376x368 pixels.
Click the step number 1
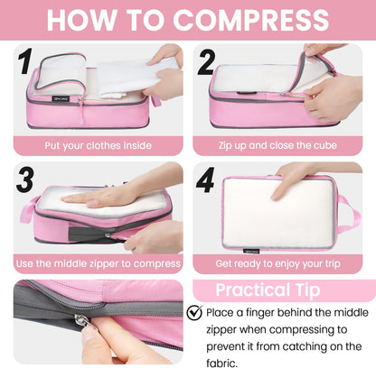coord(27,63)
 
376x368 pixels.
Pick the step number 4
coord(206,179)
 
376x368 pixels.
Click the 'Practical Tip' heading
coord(279,290)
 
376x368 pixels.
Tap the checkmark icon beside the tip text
coord(194,313)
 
